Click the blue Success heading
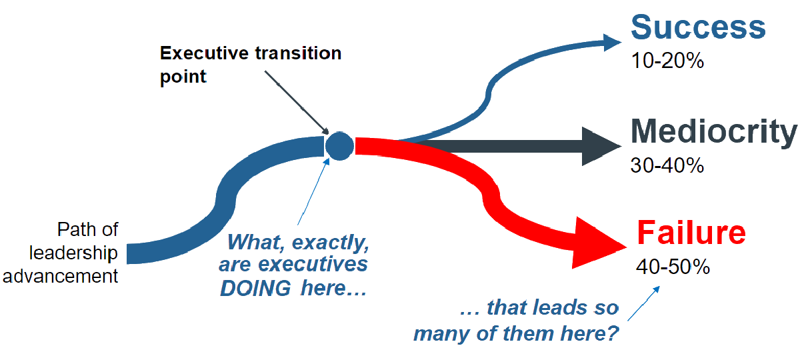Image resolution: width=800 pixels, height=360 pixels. coord(698,28)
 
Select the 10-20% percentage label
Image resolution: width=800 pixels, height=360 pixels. coord(667,62)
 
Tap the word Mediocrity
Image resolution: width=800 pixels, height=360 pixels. coord(713,131)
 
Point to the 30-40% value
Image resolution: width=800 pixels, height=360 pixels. coord(667,165)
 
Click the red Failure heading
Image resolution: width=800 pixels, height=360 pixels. coord(691,233)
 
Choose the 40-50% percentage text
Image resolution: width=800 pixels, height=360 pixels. coord(673,267)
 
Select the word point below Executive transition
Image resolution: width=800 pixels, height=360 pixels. coord(183,76)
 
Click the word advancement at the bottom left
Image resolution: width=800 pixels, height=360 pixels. coord(61,275)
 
